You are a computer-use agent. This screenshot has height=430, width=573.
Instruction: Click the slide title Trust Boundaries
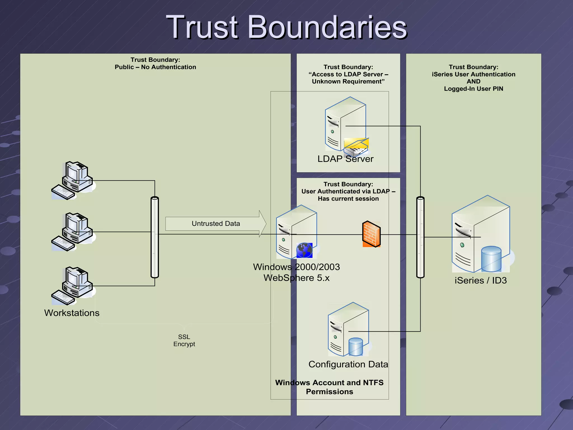pyautogui.click(x=286, y=27)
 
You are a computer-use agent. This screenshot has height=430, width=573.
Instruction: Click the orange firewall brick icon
pyautogui.click(x=371, y=234)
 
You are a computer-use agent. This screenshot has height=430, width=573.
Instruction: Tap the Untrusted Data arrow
pyautogui.click(x=215, y=224)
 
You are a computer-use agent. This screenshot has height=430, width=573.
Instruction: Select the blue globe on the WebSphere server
pyautogui.click(x=304, y=250)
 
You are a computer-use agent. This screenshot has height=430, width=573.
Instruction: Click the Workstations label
pyautogui.click(x=72, y=313)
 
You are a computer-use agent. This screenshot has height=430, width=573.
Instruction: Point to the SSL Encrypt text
pyautogui.click(x=184, y=340)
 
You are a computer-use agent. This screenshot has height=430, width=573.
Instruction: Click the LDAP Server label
pyautogui.click(x=345, y=159)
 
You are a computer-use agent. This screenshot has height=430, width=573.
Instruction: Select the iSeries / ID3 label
pyautogui.click(x=480, y=281)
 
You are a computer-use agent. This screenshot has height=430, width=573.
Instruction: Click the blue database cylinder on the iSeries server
pyautogui.click(x=491, y=259)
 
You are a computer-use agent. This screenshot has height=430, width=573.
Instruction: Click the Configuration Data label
pyautogui.click(x=348, y=364)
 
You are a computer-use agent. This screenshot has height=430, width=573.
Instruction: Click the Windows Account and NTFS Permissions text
pyautogui.click(x=329, y=387)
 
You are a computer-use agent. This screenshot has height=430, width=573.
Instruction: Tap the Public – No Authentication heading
pyautogui.click(x=155, y=67)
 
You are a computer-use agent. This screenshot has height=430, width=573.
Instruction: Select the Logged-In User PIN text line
pyautogui.click(x=473, y=89)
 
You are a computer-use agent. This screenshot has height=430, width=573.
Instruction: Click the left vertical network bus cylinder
pyautogui.click(x=155, y=237)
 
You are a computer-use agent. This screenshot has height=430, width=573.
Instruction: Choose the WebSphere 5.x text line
pyautogui.click(x=297, y=278)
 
